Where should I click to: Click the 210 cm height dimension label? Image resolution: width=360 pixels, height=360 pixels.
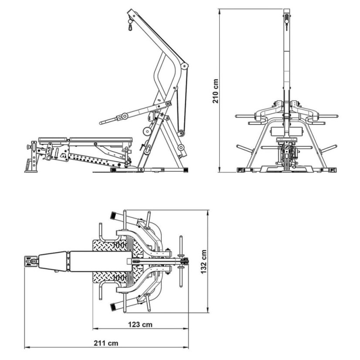[216, 91]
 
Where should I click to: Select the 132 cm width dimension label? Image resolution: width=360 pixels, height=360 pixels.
[204, 262]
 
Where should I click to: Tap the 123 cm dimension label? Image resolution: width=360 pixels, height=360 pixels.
[140, 324]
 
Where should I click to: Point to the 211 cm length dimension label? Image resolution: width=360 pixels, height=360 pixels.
[106, 343]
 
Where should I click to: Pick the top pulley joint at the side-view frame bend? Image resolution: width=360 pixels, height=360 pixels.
[184, 66]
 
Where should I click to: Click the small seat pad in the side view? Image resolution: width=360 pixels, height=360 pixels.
[54, 139]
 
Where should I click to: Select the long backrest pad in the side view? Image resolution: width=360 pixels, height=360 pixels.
[101, 139]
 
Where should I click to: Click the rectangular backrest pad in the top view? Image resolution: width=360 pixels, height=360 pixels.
[101, 262]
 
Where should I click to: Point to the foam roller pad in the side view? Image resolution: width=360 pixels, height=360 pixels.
[147, 131]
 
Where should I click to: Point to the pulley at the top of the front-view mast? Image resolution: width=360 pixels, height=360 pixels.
[286, 21]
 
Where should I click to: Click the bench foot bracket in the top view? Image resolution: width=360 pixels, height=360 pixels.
[31, 261]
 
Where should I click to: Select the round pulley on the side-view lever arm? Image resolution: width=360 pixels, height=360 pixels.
[125, 116]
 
